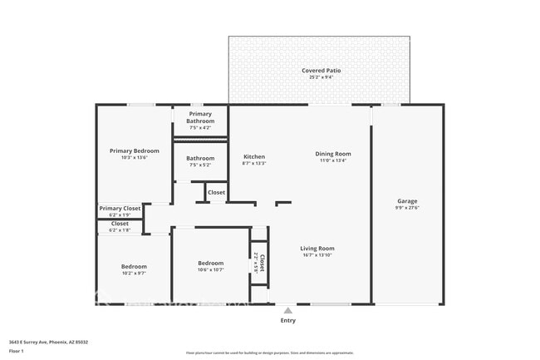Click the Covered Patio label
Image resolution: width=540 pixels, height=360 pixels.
pyautogui.click(x=321, y=71)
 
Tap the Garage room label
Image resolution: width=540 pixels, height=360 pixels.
pyautogui.click(x=407, y=201)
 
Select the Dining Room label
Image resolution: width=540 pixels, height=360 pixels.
pyautogui.click(x=333, y=153)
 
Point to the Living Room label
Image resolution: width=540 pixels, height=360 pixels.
pyautogui.click(x=317, y=248)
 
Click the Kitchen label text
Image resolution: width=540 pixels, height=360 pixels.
pyautogui.click(x=254, y=156)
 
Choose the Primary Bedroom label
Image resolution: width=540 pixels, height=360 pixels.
pyautogui.click(x=134, y=150)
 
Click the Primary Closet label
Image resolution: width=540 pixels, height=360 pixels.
pyautogui.click(x=120, y=209)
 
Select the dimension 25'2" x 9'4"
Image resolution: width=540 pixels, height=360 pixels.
pyautogui.click(x=321, y=78)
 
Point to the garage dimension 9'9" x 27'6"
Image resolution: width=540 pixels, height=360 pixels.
pyautogui.click(x=407, y=208)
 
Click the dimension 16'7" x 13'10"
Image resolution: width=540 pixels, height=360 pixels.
pyautogui.click(x=317, y=255)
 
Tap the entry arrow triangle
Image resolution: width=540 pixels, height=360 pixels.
pyautogui.click(x=287, y=310)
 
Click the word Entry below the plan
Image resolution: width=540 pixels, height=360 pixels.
pyautogui.click(x=287, y=320)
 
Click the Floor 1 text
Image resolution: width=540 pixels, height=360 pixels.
pyautogui.click(x=17, y=352)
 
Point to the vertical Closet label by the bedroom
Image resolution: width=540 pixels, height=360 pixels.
pyautogui.click(x=261, y=263)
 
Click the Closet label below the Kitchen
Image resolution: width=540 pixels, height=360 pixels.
pyautogui.click(x=216, y=192)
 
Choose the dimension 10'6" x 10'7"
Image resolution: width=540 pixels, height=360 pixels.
pyautogui.click(x=210, y=269)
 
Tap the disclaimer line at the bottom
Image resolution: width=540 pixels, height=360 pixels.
pyautogui.click(x=270, y=353)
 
